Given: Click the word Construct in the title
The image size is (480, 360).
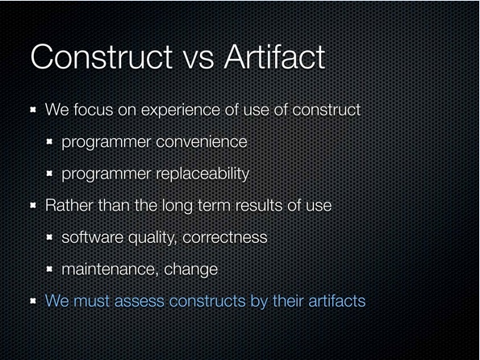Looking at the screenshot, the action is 102,57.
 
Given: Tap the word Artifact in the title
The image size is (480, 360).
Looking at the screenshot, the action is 274,57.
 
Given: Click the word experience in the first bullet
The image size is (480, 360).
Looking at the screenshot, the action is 181,111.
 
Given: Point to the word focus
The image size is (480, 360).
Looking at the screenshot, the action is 93,110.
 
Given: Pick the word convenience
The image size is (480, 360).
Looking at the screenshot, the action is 202,142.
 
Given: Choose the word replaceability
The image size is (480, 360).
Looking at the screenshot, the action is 202,174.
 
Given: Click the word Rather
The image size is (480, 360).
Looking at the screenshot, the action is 69,205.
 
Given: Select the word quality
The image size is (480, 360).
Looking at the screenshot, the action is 152,238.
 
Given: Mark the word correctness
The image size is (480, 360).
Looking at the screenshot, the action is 225,238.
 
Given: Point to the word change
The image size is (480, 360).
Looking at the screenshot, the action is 190,270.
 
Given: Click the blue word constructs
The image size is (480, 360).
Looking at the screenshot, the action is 207,301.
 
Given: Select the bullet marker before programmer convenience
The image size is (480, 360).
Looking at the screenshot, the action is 49,141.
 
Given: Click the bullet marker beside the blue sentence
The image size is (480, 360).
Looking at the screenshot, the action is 33,301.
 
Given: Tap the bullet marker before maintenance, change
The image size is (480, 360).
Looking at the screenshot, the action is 49,269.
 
